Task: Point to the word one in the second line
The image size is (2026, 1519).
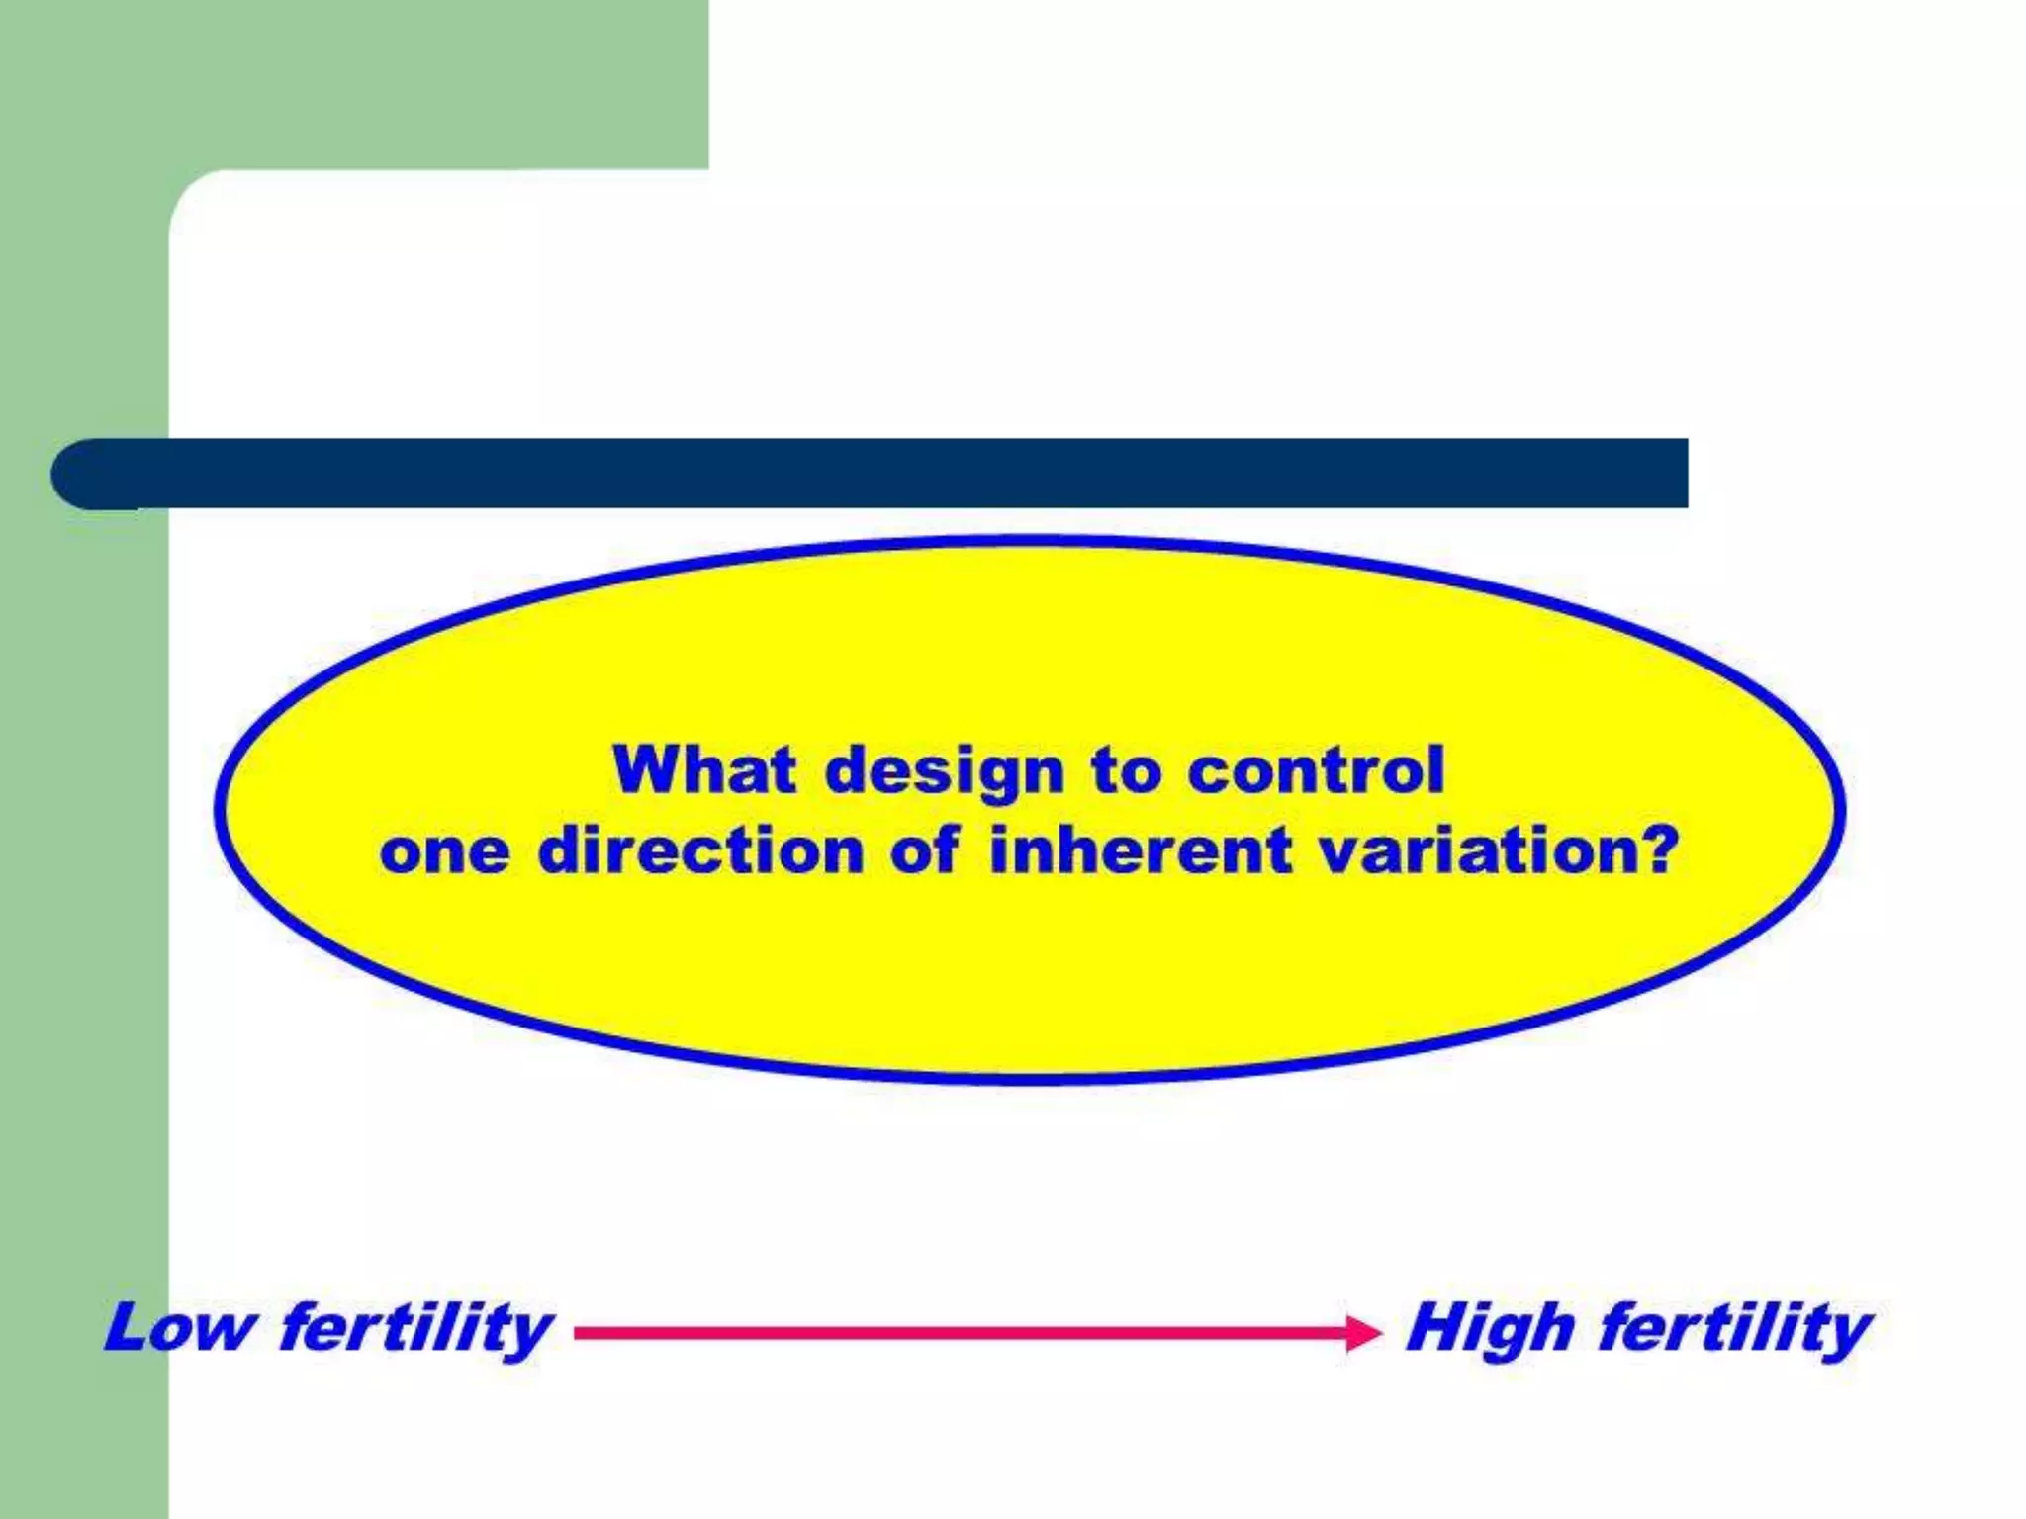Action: [444, 852]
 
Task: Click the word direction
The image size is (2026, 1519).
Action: [701, 850]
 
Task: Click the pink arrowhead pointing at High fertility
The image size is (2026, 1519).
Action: [1364, 1333]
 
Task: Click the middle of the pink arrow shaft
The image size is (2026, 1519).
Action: [960, 1333]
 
